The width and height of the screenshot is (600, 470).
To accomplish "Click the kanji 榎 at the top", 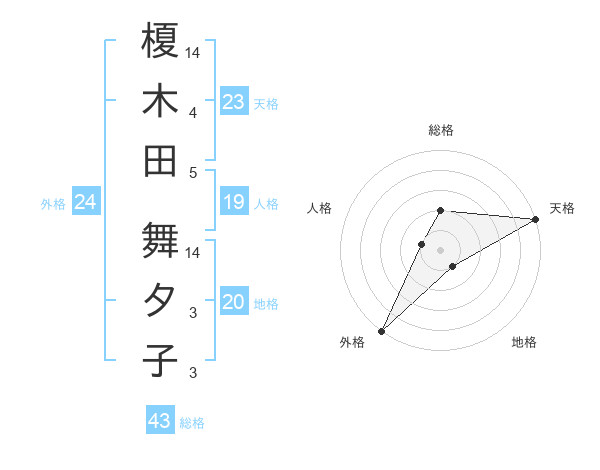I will (160, 41).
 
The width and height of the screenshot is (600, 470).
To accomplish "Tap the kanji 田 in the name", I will (160, 160).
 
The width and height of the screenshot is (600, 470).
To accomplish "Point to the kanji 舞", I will (160, 240).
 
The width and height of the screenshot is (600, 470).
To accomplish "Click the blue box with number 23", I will (234, 102).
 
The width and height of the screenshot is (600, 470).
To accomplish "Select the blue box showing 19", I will (234, 203).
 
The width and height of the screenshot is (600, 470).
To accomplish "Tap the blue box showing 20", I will (234, 303).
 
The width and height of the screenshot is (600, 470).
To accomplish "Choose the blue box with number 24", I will (86, 203).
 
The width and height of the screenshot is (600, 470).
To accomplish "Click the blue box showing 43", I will (160, 421).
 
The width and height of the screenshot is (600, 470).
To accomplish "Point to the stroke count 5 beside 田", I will (194, 172).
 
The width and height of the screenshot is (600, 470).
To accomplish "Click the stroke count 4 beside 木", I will (194, 112).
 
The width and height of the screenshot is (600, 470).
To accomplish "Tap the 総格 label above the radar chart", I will (441, 130).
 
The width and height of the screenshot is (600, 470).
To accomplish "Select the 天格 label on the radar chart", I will (563, 208).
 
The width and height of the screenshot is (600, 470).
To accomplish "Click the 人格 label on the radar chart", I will (319, 208).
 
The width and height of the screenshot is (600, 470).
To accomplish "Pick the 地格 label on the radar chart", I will (524, 343).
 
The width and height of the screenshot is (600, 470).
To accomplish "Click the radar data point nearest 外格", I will (381, 330).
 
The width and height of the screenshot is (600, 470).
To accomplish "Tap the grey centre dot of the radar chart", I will (440, 249).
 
